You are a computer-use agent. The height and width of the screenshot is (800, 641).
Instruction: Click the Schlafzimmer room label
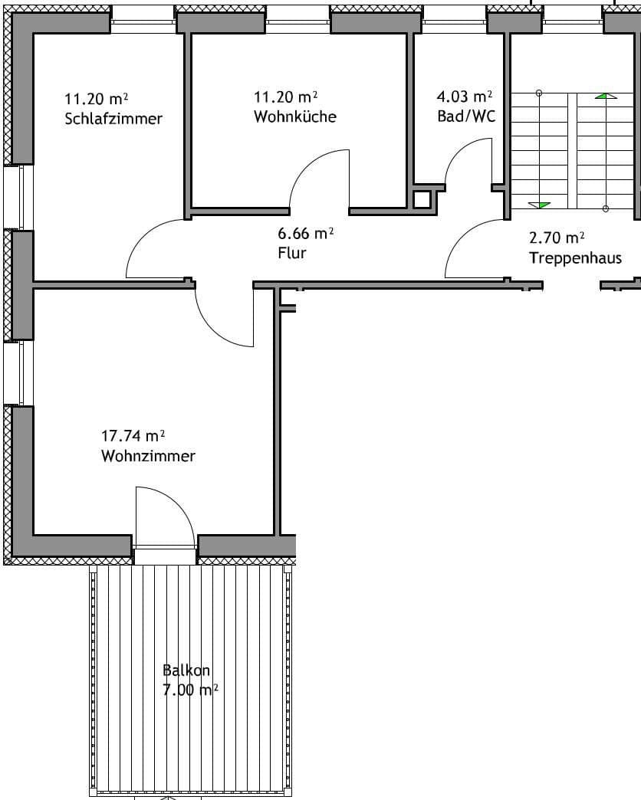pos(113,119)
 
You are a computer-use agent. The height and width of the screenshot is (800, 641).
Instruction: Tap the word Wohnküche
pos(295,116)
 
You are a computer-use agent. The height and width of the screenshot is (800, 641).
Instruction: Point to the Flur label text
pos(292,252)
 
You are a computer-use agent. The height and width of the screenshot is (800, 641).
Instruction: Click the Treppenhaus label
pos(575,257)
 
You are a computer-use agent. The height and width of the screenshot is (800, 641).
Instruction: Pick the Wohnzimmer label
pos(148,456)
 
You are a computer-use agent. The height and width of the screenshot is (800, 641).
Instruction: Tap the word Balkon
pos(186,670)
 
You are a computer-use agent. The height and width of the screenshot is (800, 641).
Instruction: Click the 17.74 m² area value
pos(133,436)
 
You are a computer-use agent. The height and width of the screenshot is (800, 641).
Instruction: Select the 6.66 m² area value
pos(305,233)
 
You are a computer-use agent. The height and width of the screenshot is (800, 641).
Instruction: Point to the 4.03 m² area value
pos(464,97)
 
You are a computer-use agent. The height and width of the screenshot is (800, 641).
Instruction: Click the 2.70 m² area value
pos(557,238)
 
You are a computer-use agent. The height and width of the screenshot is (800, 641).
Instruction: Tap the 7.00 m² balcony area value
pos(190,690)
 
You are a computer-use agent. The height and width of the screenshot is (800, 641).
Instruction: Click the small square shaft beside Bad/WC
pos(422,200)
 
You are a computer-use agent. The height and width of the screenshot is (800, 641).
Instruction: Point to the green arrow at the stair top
pos(606,96)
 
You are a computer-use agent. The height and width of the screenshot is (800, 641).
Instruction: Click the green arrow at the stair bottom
pos(540,205)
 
